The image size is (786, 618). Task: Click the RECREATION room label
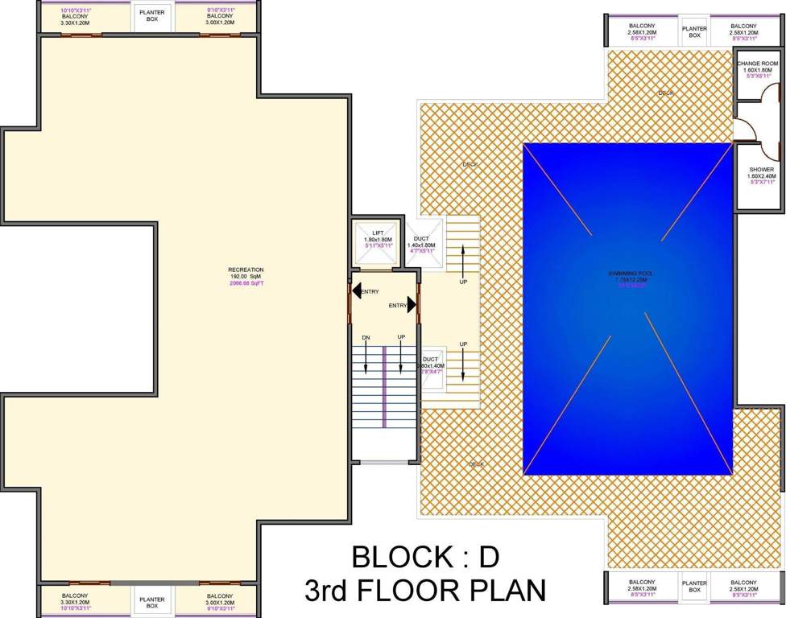pos(246,270)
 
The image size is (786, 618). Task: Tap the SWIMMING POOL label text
pos(631,274)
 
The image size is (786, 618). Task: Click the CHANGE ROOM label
pos(758,64)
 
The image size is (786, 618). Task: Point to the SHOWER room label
pos(761,170)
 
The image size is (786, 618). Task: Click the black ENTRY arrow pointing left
pos(357,290)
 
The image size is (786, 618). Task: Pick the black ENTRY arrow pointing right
pos(411,305)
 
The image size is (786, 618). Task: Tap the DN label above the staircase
pos(366,337)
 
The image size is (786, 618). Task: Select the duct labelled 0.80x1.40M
pos(431,366)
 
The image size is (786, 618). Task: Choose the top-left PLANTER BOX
pos(152,16)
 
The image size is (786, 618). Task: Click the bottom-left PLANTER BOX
pos(152,602)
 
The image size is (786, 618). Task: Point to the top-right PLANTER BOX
pos(694,32)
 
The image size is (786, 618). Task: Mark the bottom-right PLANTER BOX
pos(694,587)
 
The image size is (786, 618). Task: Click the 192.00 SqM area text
pos(246,277)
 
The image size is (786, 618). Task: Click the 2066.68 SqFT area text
pos(246,283)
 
